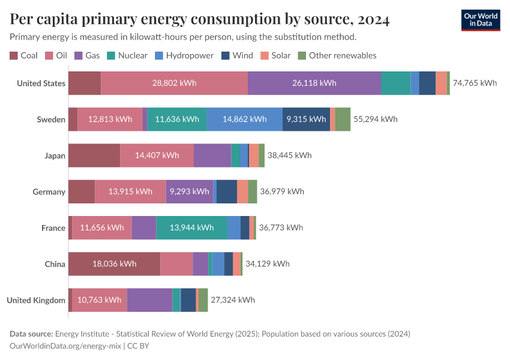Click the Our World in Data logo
pos(480,20)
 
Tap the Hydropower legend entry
pos(184,55)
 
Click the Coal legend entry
pos(23,55)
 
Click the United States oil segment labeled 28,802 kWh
pos(174,83)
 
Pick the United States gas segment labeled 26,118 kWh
pos(314,83)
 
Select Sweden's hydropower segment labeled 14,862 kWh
pos(244,119)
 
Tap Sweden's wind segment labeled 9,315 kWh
pos(306,119)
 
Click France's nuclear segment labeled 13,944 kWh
pos(191,227)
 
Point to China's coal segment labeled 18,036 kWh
pos(114,263)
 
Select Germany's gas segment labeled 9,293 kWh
pos(189,191)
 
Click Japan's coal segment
pos(94,155)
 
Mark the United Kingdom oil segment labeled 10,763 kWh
pos(100,300)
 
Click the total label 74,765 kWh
pos(475,83)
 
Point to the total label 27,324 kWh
pos(232,300)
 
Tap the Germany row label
pos(49,192)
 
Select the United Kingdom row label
pos(36,300)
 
